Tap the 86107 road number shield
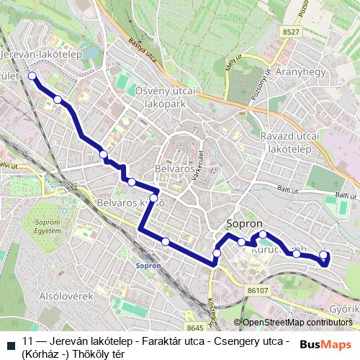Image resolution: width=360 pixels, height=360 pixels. [257, 290]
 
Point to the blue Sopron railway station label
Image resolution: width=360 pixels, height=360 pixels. [148, 264]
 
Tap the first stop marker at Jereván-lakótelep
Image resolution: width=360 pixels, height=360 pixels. [32, 75]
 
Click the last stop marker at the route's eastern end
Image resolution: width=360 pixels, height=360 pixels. [323, 254]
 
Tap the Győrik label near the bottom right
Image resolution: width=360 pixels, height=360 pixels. [343, 307]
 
